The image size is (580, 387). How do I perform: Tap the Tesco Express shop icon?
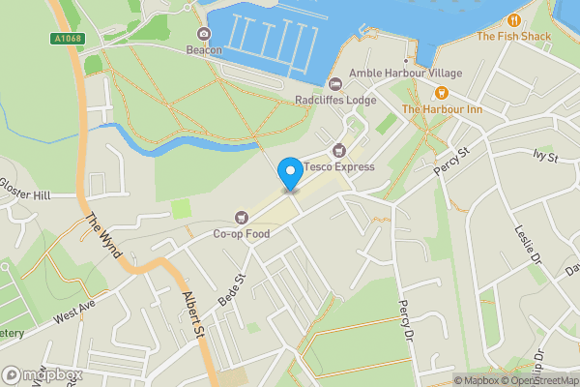[x=338, y=150]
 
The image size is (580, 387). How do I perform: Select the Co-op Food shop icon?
[x=242, y=217]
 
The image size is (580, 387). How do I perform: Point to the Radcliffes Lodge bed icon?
[x=334, y=83]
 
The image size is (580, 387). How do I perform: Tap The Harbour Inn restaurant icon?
[x=441, y=93]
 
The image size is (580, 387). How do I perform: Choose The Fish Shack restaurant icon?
[x=513, y=19]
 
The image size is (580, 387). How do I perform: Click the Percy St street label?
[x=450, y=162]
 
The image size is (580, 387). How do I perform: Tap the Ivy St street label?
[x=546, y=155]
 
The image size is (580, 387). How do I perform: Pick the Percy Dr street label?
[x=405, y=319]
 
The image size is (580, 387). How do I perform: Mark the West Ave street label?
[x=75, y=313]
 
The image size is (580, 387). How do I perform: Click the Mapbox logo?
[x=42, y=374]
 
